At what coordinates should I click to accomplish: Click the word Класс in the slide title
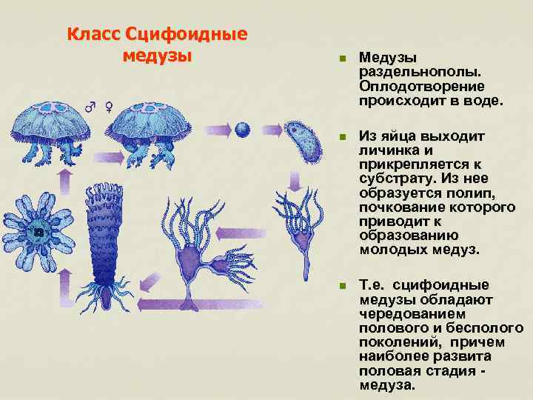click(x=94, y=35)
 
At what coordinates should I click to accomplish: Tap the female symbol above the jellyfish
click(x=109, y=106)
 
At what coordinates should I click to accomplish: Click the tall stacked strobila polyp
click(x=110, y=237)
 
